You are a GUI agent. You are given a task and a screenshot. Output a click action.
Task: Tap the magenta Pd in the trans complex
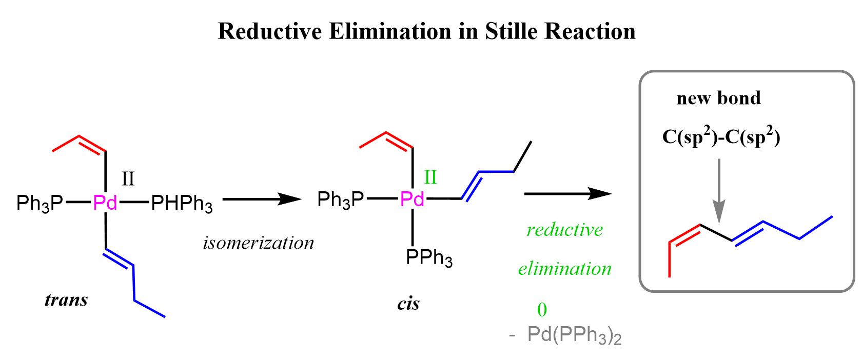coord(105,202)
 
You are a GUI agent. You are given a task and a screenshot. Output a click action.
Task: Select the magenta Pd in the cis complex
coord(412,199)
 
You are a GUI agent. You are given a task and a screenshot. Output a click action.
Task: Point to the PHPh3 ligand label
coord(182,204)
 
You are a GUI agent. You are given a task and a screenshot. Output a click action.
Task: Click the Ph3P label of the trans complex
coord(40,204)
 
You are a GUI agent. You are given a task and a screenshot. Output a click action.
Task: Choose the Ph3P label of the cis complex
coord(341,200)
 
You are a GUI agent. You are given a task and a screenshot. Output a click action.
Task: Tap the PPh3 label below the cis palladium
coord(429,257)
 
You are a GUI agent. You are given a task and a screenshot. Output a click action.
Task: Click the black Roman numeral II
coord(128,179)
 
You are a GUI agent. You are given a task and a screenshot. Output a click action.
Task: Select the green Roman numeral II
coord(430,177)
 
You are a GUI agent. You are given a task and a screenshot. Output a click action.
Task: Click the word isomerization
coord(259,243)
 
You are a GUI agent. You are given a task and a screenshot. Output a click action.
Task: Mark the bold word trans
coord(66,299)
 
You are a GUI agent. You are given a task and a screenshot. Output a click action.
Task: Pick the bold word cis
coord(408,304)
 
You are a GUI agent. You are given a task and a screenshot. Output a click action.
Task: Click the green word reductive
coord(564,230)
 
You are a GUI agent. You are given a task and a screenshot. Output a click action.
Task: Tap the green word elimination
coord(564,269)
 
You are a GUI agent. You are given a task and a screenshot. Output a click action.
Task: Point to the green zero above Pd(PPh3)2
coord(542,310)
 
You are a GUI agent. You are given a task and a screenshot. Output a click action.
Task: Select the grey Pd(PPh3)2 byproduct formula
coord(565,335)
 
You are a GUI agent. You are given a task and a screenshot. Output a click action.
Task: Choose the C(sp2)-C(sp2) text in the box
coord(721,136)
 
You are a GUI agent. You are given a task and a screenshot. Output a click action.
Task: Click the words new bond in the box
coord(718,98)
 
